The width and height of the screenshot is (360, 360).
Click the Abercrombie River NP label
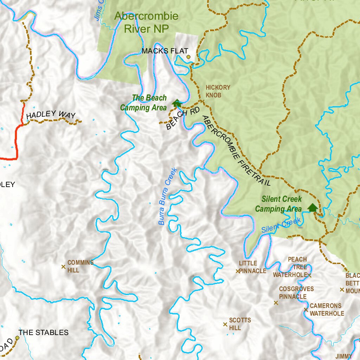146,22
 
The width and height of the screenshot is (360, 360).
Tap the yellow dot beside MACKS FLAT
188,57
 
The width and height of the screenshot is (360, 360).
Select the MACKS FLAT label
165,51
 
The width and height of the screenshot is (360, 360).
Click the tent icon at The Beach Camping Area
176,103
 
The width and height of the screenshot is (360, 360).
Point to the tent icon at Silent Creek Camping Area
312,207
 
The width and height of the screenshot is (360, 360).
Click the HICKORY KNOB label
218,91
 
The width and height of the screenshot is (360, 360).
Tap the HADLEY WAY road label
51,114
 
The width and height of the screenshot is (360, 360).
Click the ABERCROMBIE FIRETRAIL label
236,150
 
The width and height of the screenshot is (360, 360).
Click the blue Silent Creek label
281,225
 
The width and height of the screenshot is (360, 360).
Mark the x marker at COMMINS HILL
63,267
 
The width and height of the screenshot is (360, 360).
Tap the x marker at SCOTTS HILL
225,324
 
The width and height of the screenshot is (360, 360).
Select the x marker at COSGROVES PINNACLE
276,303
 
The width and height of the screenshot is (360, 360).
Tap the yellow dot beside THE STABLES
17,337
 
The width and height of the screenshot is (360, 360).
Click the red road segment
16,141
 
